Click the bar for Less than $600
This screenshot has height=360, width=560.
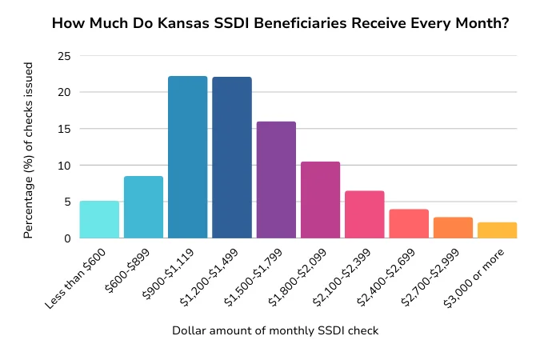99,220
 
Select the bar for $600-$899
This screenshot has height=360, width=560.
143,207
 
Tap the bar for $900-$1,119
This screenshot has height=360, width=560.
187,158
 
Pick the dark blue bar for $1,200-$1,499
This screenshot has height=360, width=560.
232,158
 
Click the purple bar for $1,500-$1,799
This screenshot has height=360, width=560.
276,180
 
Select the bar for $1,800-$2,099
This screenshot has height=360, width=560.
320,200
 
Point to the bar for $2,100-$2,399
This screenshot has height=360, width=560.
364,214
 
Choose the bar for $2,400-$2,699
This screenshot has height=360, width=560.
409,224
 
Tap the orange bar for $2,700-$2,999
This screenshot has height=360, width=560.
453,228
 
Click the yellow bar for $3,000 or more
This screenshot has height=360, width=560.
497,230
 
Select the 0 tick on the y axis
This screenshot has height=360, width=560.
66,238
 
